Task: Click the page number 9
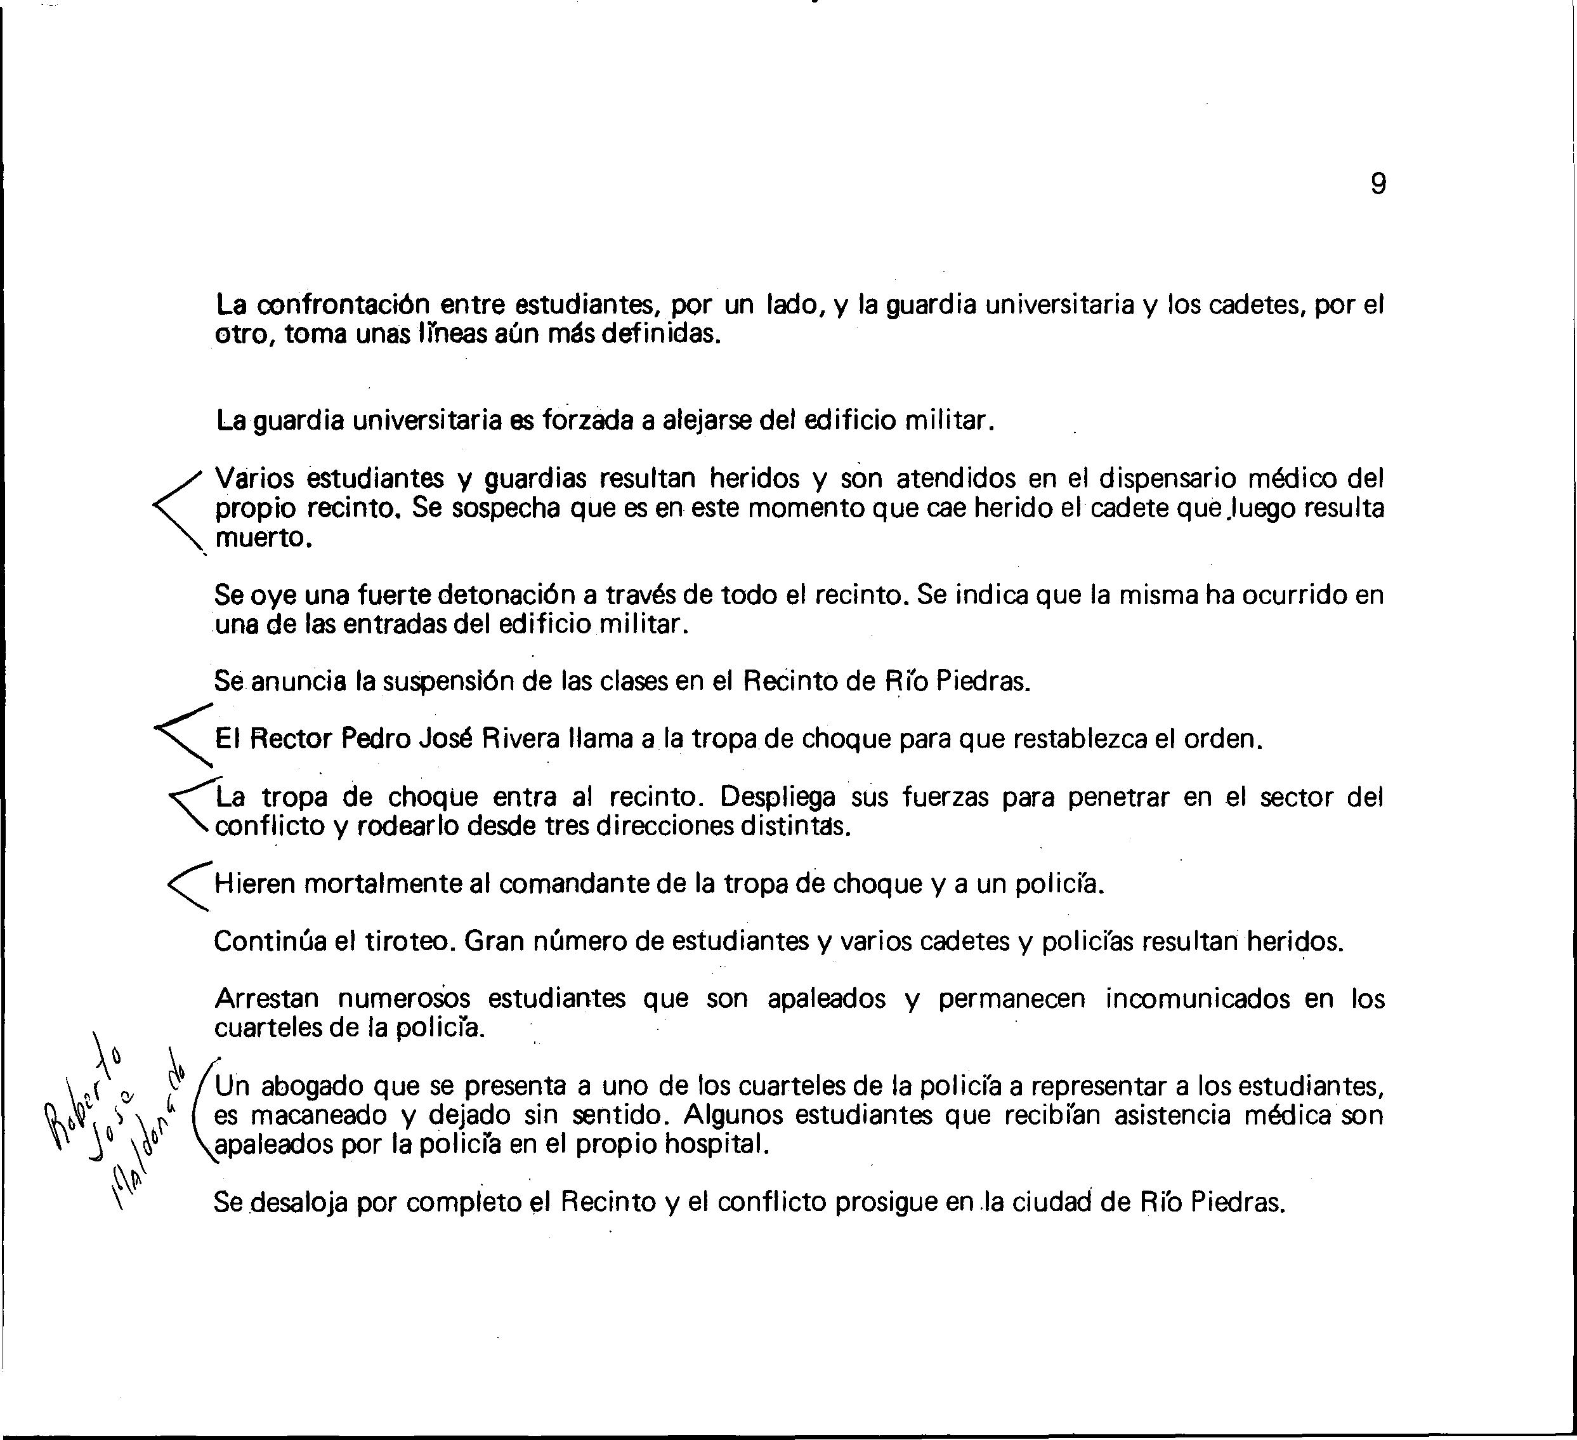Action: coord(1378,184)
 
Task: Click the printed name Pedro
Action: coord(375,739)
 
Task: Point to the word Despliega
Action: coord(777,796)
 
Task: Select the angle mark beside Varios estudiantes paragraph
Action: coord(178,507)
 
